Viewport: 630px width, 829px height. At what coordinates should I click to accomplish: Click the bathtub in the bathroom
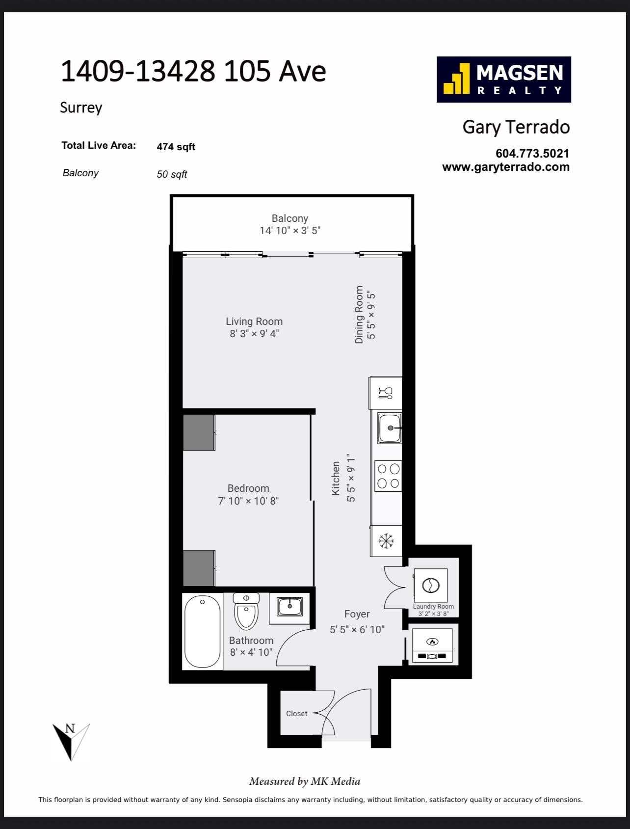[x=202, y=631]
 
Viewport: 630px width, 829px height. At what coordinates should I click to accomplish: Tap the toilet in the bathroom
[x=246, y=611]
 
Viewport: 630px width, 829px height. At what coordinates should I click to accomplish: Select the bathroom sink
[x=289, y=607]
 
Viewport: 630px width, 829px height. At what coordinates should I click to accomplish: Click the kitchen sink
[x=389, y=428]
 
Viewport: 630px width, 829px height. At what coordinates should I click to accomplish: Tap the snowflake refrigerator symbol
[x=386, y=541]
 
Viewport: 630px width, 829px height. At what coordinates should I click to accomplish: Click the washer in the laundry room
[x=431, y=585]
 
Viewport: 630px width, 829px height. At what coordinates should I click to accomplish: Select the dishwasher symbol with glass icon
[x=386, y=393]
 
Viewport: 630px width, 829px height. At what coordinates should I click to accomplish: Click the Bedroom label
[x=248, y=488]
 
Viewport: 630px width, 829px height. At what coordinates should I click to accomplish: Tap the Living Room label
[x=254, y=321]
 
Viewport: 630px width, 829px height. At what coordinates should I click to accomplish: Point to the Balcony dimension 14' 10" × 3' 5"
[x=290, y=231]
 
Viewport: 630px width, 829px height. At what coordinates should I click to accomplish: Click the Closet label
[x=297, y=714]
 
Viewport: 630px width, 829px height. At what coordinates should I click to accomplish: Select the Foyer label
[x=357, y=614]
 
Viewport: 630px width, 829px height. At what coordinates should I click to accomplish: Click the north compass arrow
[x=71, y=741]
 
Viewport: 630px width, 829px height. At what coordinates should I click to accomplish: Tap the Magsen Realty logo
[x=504, y=80]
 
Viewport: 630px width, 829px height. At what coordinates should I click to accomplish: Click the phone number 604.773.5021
[x=532, y=154]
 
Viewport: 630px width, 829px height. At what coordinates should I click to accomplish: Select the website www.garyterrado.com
[x=506, y=167]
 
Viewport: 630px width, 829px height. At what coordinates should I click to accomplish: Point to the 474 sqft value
[x=176, y=147]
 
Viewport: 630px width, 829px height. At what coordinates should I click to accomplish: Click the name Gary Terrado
[x=516, y=127]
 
